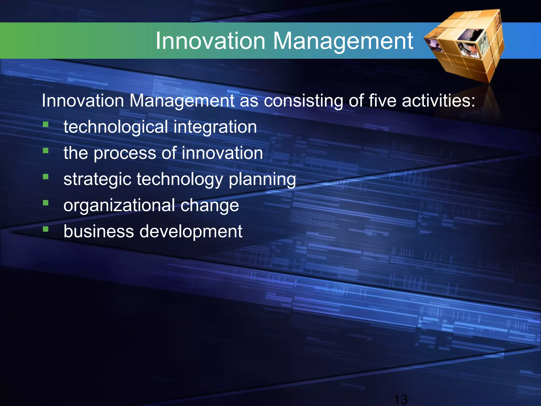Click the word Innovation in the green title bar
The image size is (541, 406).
pyautogui.click(x=210, y=41)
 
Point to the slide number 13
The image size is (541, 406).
pyautogui.click(x=400, y=399)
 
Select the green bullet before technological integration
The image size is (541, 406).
pyautogui.click(x=46, y=124)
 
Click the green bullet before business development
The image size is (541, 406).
pyautogui.click(x=46, y=229)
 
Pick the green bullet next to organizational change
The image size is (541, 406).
pyautogui.click(x=46, y=203)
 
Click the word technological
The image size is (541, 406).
pyautogui.click(x=116, y=127)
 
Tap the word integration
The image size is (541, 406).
pyautogui.click(x=215, y=127)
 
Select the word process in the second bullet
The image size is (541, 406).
pyautogui.click(x=125, y=153)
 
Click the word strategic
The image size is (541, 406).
pyautogui.click(x=97, y=179)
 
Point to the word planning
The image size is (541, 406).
pyautogui.click(x=262, y=179)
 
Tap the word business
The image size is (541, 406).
pyautogui.click(x=99, y=231)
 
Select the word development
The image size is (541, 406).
pyautogui.click(x=190, y=231)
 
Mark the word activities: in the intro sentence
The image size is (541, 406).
pyautogui.click(x=439, y=101)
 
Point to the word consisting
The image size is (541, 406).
pyautogui.click(x=304, y=101)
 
